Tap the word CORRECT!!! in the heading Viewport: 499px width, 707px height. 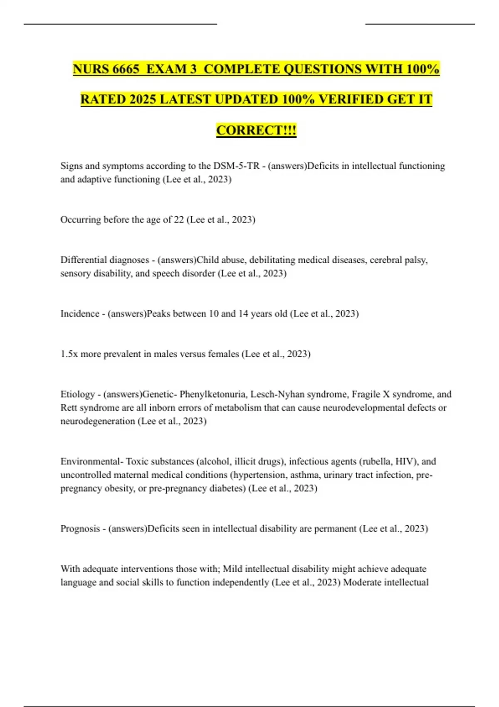[x=256, y=130]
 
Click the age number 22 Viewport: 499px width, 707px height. [x=178, y=220]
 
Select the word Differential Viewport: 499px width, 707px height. [x=84, y=260]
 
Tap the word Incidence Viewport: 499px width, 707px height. [x=79, y=314]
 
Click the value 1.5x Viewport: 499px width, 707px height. [x=69, y=354]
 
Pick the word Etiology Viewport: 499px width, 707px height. [x=77, y=394]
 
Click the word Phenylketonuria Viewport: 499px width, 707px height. [x=213, y=394]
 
